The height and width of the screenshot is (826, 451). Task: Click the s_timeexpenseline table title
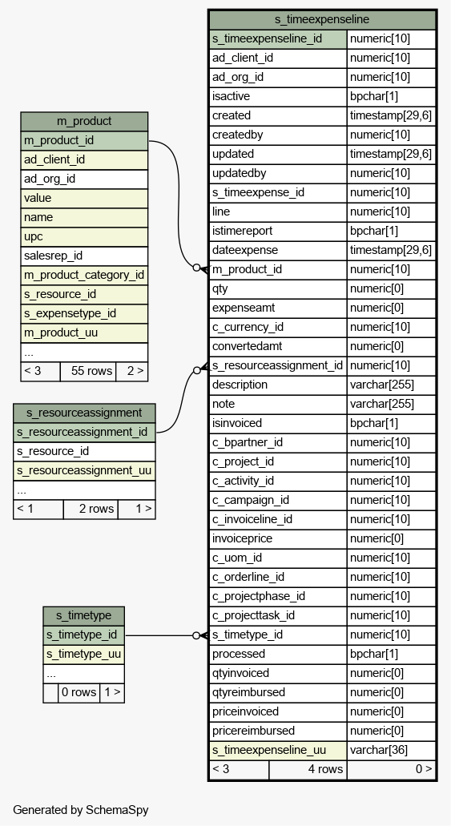[322, 20]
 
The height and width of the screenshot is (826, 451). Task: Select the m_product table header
[84, 121]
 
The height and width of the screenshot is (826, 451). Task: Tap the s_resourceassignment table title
[84, 413]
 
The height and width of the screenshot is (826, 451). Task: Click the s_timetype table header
[84, 615]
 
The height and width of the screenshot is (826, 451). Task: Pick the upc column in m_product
[84, 236]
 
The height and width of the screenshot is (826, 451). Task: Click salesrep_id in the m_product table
[84, 256]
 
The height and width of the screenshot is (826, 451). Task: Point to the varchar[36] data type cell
[392, 750]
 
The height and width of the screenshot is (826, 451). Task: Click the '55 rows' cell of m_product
[88, 371]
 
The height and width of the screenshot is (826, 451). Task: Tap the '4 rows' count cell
[308, 769]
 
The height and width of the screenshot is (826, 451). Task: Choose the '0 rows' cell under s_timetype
[79, 692]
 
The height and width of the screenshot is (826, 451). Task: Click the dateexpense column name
[245, 250]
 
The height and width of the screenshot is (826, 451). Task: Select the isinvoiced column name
[237, 423]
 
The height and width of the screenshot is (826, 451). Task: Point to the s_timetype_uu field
[84, 655]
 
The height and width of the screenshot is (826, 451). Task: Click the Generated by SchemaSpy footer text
[81, 810]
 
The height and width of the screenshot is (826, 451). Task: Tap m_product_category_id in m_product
[84, 275]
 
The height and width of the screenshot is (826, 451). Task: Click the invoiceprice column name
[243, 538]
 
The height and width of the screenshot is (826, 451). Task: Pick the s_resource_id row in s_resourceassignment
[84, 451]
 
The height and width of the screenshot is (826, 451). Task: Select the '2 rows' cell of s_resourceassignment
[91, 509]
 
